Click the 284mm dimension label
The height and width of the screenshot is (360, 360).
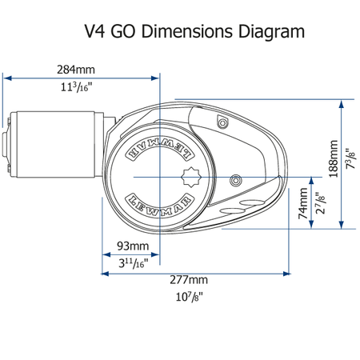point(76,70)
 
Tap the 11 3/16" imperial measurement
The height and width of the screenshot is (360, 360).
point(76,87)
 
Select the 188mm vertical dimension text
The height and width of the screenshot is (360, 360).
point(334,158)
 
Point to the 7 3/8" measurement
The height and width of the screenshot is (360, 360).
point(350,158)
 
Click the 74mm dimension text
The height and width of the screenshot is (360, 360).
point(303,203)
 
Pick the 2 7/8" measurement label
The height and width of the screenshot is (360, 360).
point(320,203)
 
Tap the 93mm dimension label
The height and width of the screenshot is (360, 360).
point(133,246)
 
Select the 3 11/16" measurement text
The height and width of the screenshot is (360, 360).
point(133,263)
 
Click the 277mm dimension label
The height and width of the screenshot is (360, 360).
point(189,280)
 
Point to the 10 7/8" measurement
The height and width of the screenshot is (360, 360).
point(190,297)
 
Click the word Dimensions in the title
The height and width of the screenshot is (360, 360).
point(187,31)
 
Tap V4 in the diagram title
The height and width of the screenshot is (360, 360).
point(94,31)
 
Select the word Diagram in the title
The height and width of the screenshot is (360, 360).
point(271,32)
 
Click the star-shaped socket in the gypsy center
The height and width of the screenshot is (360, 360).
point(191,177)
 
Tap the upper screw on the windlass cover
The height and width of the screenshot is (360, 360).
point(222,122)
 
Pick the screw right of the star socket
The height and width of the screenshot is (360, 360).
point(235,181)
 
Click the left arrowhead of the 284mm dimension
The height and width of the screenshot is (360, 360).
point(7,78)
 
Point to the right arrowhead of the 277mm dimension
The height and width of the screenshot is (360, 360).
point(286,274)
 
